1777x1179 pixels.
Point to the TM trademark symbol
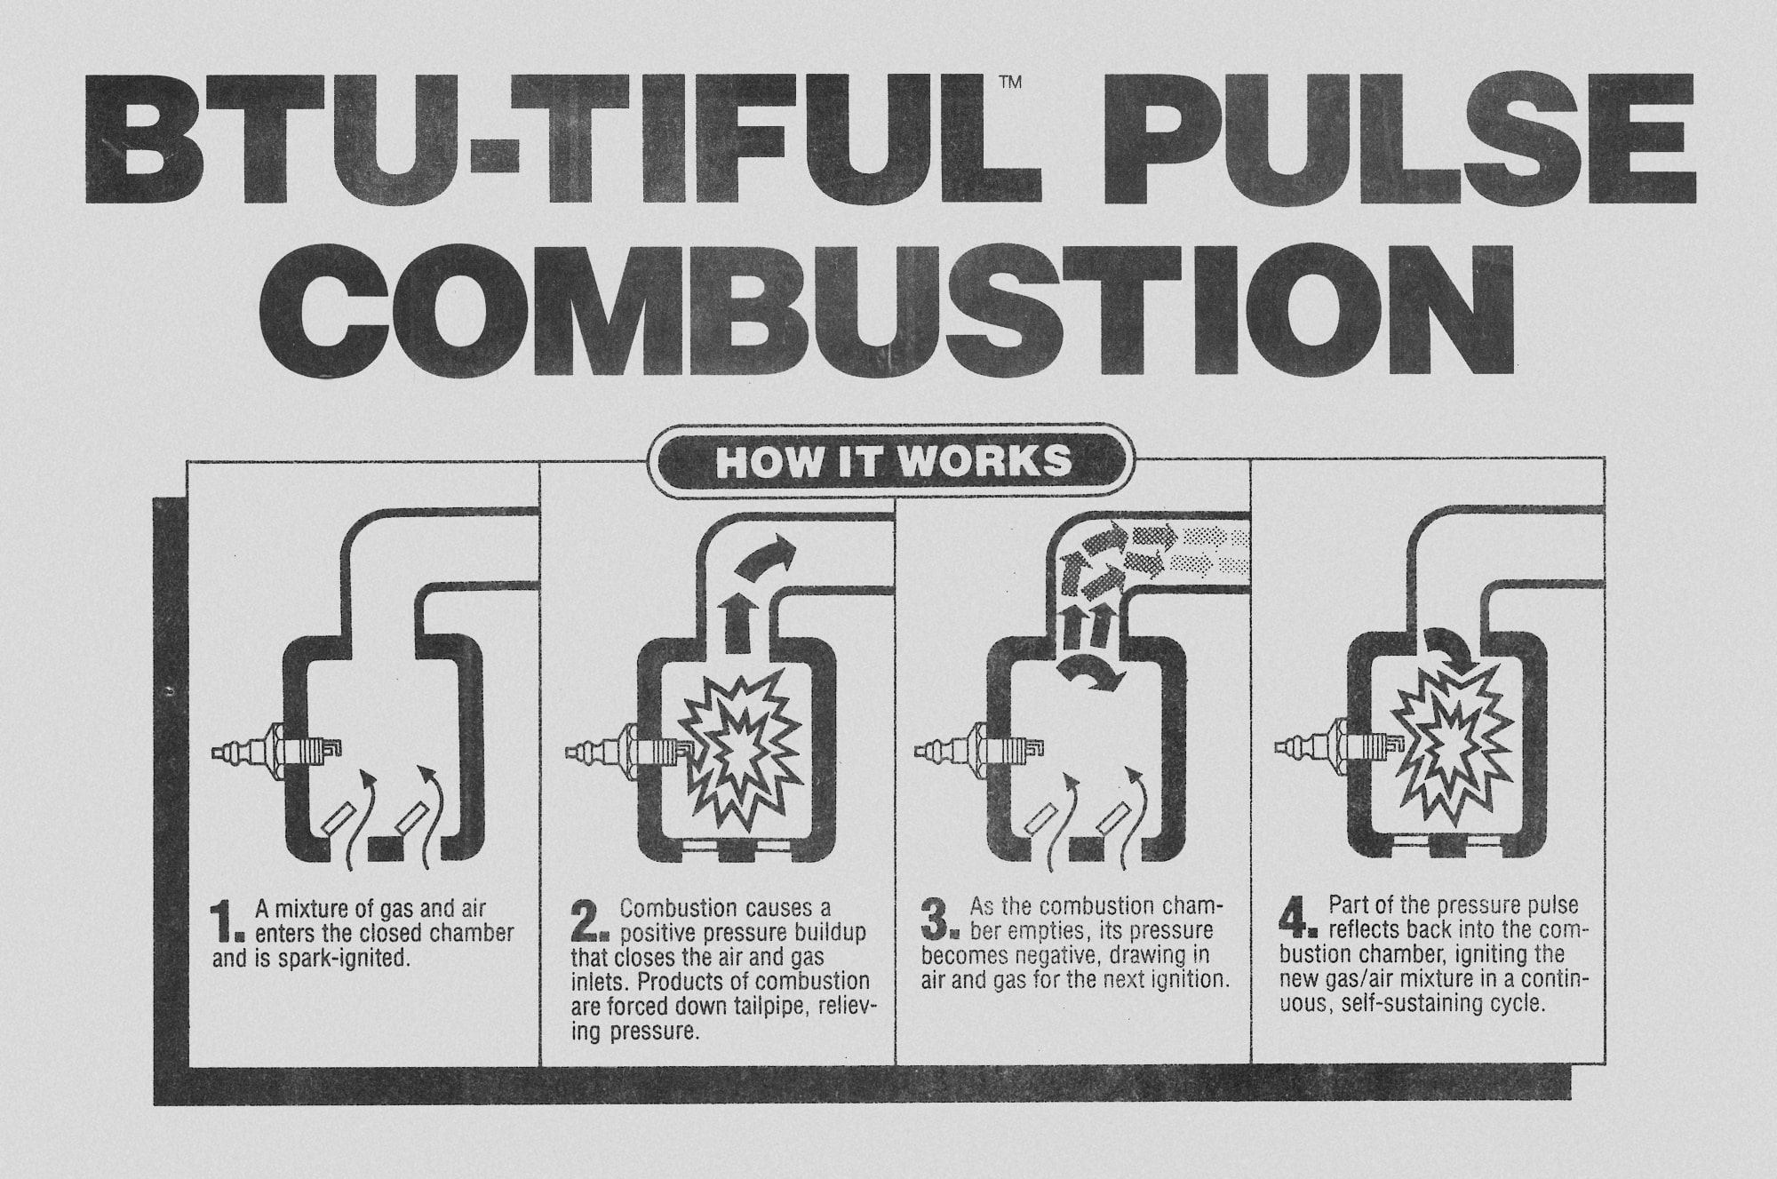pyautogui.click(x=1010, y=84)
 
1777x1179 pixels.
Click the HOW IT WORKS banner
pyautogui.click(x=893, y=462)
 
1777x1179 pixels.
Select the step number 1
pyautogui.click(x=227, y=924)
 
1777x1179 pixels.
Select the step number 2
pyautogui.click(x=587, y=924)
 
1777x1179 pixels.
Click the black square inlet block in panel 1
pyautogui.click(x=385, y=848)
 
